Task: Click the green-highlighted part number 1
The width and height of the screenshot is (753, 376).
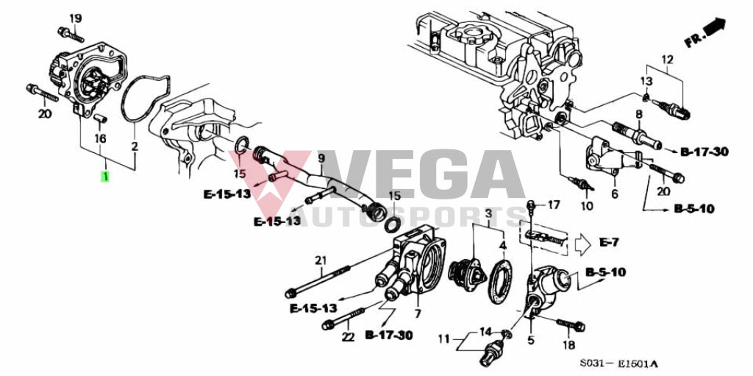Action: (x=104, y=176)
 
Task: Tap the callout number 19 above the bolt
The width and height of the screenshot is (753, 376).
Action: (x=76, y=18)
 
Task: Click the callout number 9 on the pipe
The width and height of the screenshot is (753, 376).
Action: (x=321, y=157)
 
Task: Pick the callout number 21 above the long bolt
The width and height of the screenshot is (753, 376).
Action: (x=321, y=260)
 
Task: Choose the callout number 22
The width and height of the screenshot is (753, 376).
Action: (x=348, y=337)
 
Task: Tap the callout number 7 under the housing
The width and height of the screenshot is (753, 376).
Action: (x=418, y=313)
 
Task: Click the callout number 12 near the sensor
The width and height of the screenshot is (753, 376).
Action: (x=668, y=60)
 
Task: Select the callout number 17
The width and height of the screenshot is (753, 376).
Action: (x=554, y=205)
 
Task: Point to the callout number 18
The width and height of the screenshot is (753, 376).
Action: (x=568, y=345)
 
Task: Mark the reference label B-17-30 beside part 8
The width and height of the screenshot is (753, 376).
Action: (x=704, y=152)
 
